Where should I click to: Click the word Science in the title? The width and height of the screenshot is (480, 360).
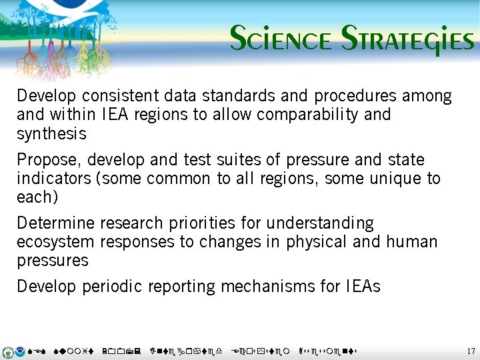(280, 40)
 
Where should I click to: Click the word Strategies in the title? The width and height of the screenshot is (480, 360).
(407, 40)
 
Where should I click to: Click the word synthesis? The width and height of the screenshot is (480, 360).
(51, 134)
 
